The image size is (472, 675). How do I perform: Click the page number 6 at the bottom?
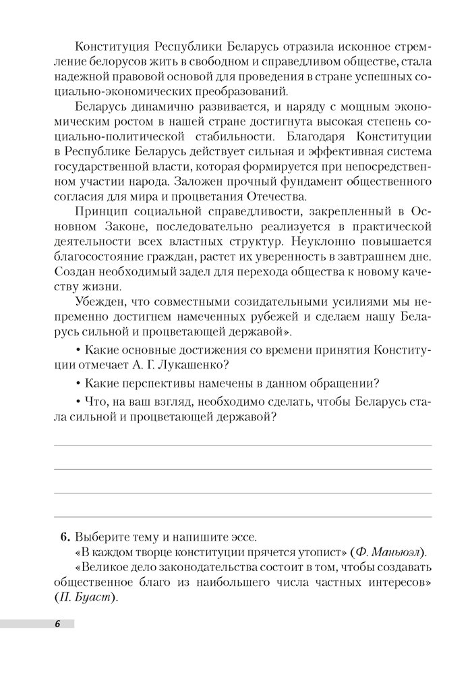[58, 624]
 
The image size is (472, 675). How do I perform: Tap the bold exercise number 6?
[65, 538]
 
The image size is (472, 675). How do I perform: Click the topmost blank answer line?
[243, 446]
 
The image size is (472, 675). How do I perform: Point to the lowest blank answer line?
[243, 517]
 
